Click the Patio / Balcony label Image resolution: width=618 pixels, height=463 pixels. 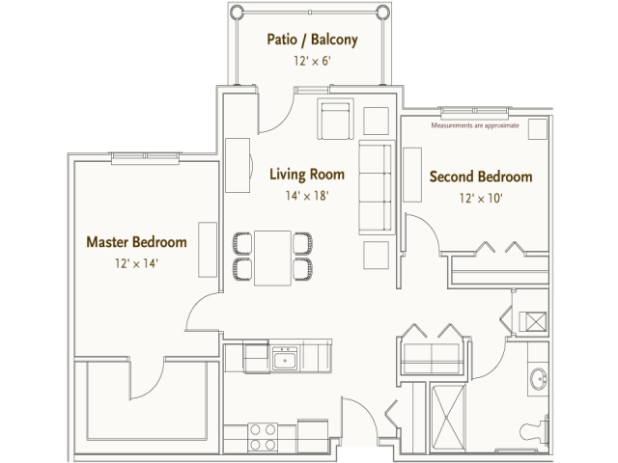pyautogui.click(x=312, y=40)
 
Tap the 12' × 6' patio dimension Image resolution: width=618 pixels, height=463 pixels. pyautogui.click(x=312, y=60)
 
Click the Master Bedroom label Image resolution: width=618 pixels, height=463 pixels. pyautogui.click(x=136, y=241)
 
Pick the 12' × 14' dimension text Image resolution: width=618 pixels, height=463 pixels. pyautogui.click(x=136, y=261)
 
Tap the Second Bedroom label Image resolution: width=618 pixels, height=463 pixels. pyautogui.click(x=481, y=177)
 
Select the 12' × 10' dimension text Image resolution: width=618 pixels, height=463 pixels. pyautogui.click(x=481, y=199)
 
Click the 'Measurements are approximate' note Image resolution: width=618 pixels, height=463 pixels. pyautogui.click(x=475, y=125)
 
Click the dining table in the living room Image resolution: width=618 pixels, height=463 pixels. pyautogui.click(x=272, y=257)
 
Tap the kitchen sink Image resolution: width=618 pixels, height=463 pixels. pyautogui.click(x=284, y=361)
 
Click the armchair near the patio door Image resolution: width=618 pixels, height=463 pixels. pyautogui.click(x=334, y=121)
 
